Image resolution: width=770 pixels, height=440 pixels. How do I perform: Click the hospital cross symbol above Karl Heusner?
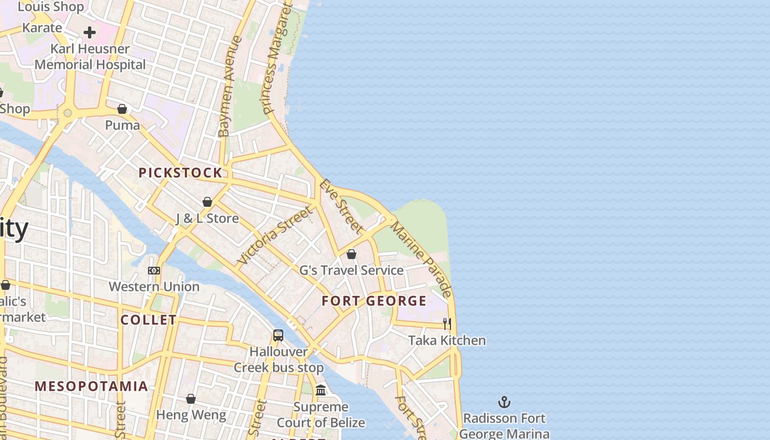[x=90, y=32]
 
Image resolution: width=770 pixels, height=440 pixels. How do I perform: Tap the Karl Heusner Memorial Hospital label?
[x=90, y=57]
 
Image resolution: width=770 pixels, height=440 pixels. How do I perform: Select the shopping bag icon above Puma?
[x=122, y=109]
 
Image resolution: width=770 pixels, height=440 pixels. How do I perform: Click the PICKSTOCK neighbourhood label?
[x=180, y=173]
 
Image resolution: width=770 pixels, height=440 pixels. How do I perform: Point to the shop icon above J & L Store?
[x=207, y=202]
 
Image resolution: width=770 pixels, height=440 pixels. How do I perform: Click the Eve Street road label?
[x=342, y=206]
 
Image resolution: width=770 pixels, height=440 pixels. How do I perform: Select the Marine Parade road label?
[x=421, y=259]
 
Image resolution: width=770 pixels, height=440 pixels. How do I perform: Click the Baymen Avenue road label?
[x=230, y=86]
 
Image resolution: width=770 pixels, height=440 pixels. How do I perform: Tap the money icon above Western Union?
[x=154, y=270]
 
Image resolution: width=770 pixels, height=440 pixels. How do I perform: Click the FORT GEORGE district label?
[x=374, y=301]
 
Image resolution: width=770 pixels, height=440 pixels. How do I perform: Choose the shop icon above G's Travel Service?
[x=351, y=254]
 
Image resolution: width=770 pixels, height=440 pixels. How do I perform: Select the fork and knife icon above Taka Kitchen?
[x=447, y=324]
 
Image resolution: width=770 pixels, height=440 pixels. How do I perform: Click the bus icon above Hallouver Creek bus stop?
[x=278, y=335]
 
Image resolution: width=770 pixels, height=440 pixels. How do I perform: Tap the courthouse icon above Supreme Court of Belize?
[x=321, y=391]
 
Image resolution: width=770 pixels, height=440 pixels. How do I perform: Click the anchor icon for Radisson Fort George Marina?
[x=504, y=402]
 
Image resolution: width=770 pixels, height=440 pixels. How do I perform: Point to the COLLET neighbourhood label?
[x=148, y=320]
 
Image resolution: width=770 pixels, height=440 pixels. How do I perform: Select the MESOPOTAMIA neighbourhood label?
[x=91, y=386]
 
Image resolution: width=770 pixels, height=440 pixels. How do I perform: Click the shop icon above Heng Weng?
[x=191, y=399]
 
